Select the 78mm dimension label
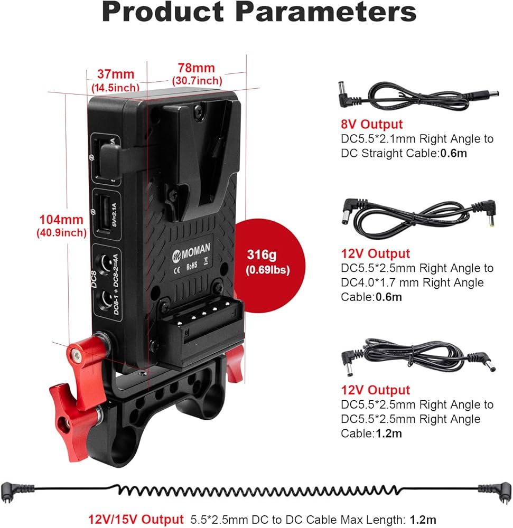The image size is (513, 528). [x=196, y=68]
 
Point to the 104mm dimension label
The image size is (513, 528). [x=60, y=219]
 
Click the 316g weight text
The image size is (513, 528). [x=262, y=255]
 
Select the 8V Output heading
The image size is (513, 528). [x=371, y=125]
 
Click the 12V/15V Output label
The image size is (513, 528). [x=136, y=520]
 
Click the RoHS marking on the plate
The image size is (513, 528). [x=192, y=267]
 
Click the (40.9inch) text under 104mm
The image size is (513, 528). [x=61, y=232]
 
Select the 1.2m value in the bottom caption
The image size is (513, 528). [x=425, y=520]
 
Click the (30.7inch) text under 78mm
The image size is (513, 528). [x=197, y=81]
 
